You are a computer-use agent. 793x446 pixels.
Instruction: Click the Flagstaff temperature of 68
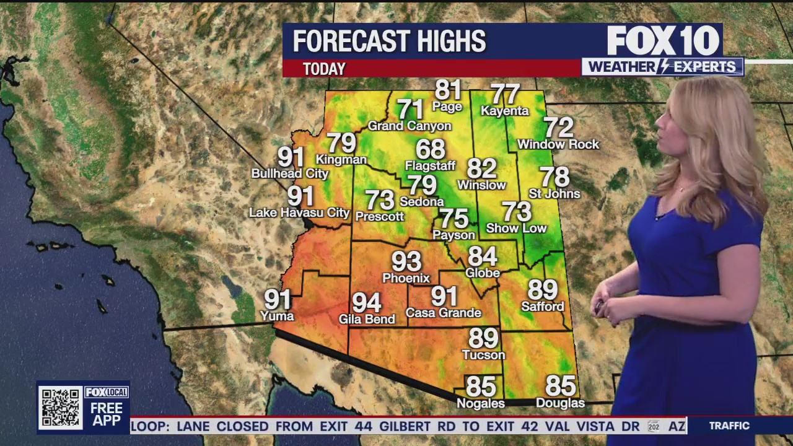pyautogui.click(x=431, y=149)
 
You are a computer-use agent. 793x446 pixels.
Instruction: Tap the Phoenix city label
pyautogui.click(x=406, y=278)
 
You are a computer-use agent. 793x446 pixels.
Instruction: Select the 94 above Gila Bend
pyautogui.click(x=366, y=303)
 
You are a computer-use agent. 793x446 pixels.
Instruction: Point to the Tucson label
pyautogui.click(x=483, y=355)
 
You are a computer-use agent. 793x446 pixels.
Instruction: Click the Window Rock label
pyautogui.click(x=558, y=144)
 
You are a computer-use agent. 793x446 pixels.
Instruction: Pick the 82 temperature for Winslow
pyautogui.click(x=482, y=168)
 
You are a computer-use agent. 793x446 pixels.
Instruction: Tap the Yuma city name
pyautogui.click(x=277, y=316)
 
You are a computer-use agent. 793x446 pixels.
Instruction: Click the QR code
pyautogui.click(x=60, y=408)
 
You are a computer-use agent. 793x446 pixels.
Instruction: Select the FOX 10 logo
pyautogui.click(x=663, y=41)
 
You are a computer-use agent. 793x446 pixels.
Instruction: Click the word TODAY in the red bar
pyautogui.click(x=324, y=69)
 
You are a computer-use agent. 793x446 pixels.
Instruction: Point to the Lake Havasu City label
pyautogui.click(x=299, y=213)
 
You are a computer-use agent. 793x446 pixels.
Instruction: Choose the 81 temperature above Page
pyautogui.click(x=448, y=90)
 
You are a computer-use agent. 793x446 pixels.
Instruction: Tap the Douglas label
pyautogui.click(x=560, y=403)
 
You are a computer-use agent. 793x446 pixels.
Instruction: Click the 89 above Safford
pyautogui.click(x=543, y=289)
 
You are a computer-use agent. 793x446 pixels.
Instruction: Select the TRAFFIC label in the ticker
pyautogui.click(x=729, y=426)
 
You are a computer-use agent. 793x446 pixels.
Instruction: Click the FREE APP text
pyautogui.click(x=107, y=414)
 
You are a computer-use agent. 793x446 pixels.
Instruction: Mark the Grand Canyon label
pyautogui.click(x=410, y=126)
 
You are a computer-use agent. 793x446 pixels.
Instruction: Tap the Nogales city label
pyautogui.click(x=481, y=403)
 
